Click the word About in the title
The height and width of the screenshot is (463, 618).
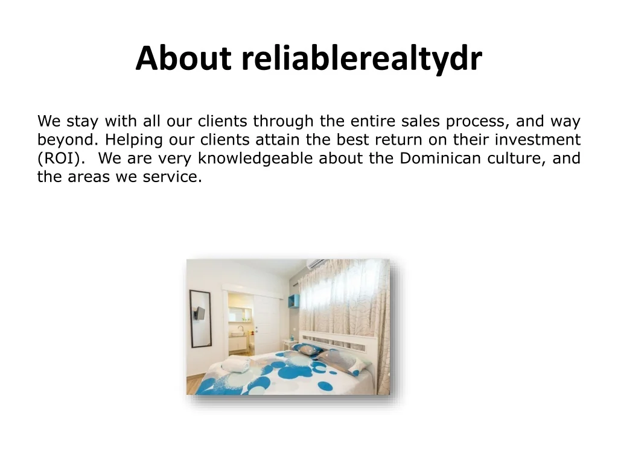tap(183, 58)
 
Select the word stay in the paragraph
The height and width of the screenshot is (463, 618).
tap(82, 122)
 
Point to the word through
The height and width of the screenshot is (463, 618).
tap(284, 121)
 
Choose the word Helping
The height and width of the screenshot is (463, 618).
tap(134, 140)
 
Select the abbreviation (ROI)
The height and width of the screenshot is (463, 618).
tap(61, 159)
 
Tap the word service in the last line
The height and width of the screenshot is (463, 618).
tap(172, 177)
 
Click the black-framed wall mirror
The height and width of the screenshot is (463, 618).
tap(200, 318)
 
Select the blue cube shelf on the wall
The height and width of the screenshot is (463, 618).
tap(294, 301)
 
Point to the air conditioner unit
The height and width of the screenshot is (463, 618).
tap(316, 264)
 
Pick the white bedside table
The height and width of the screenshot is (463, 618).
tap(290, 344)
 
